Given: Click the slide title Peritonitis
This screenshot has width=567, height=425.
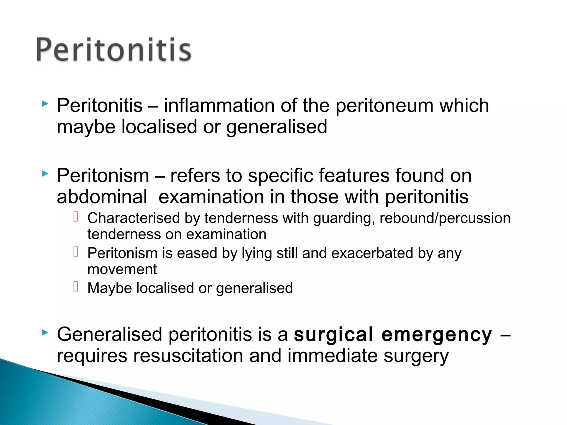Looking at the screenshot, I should [114, 50].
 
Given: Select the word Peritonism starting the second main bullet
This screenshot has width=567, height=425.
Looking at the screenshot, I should [103, 176].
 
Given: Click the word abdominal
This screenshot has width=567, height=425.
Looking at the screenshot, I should [102, 197].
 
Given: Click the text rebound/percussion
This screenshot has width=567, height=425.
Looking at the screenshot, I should [445, 218].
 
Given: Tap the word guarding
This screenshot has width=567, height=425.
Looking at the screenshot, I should [344, 218].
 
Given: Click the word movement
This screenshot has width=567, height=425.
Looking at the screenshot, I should [122, 269].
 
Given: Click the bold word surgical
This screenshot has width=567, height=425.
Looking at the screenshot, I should [333, 335].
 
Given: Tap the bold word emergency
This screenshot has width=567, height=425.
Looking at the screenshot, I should [437, 335].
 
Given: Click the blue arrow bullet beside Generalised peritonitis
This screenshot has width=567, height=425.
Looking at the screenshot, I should [45, 333].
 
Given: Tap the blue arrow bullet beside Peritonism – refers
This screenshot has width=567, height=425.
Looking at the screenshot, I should [45, 174].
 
